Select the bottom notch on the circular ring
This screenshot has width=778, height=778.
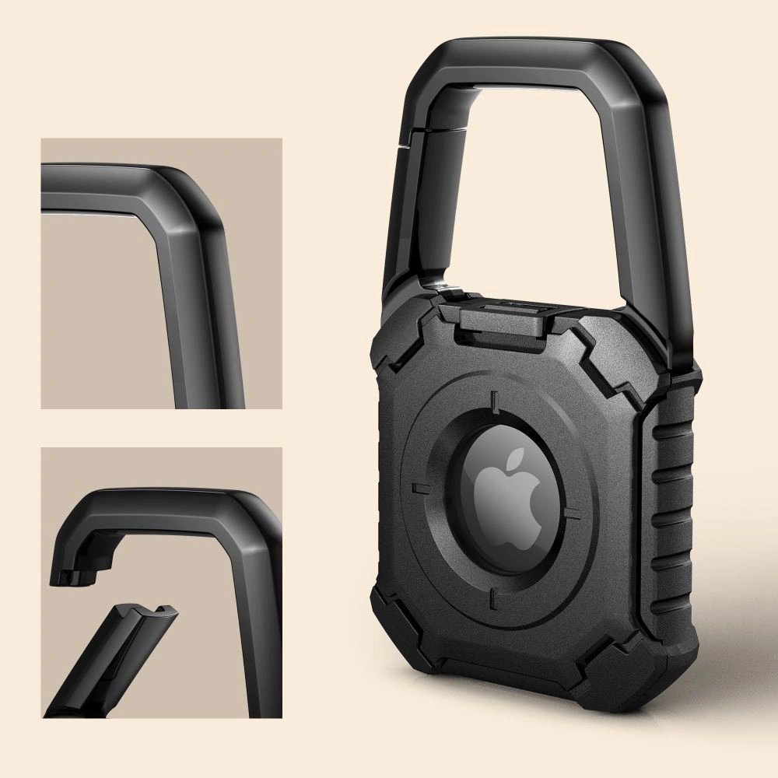click(x=493, y=600)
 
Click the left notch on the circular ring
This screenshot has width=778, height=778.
click(x=420, y=489)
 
